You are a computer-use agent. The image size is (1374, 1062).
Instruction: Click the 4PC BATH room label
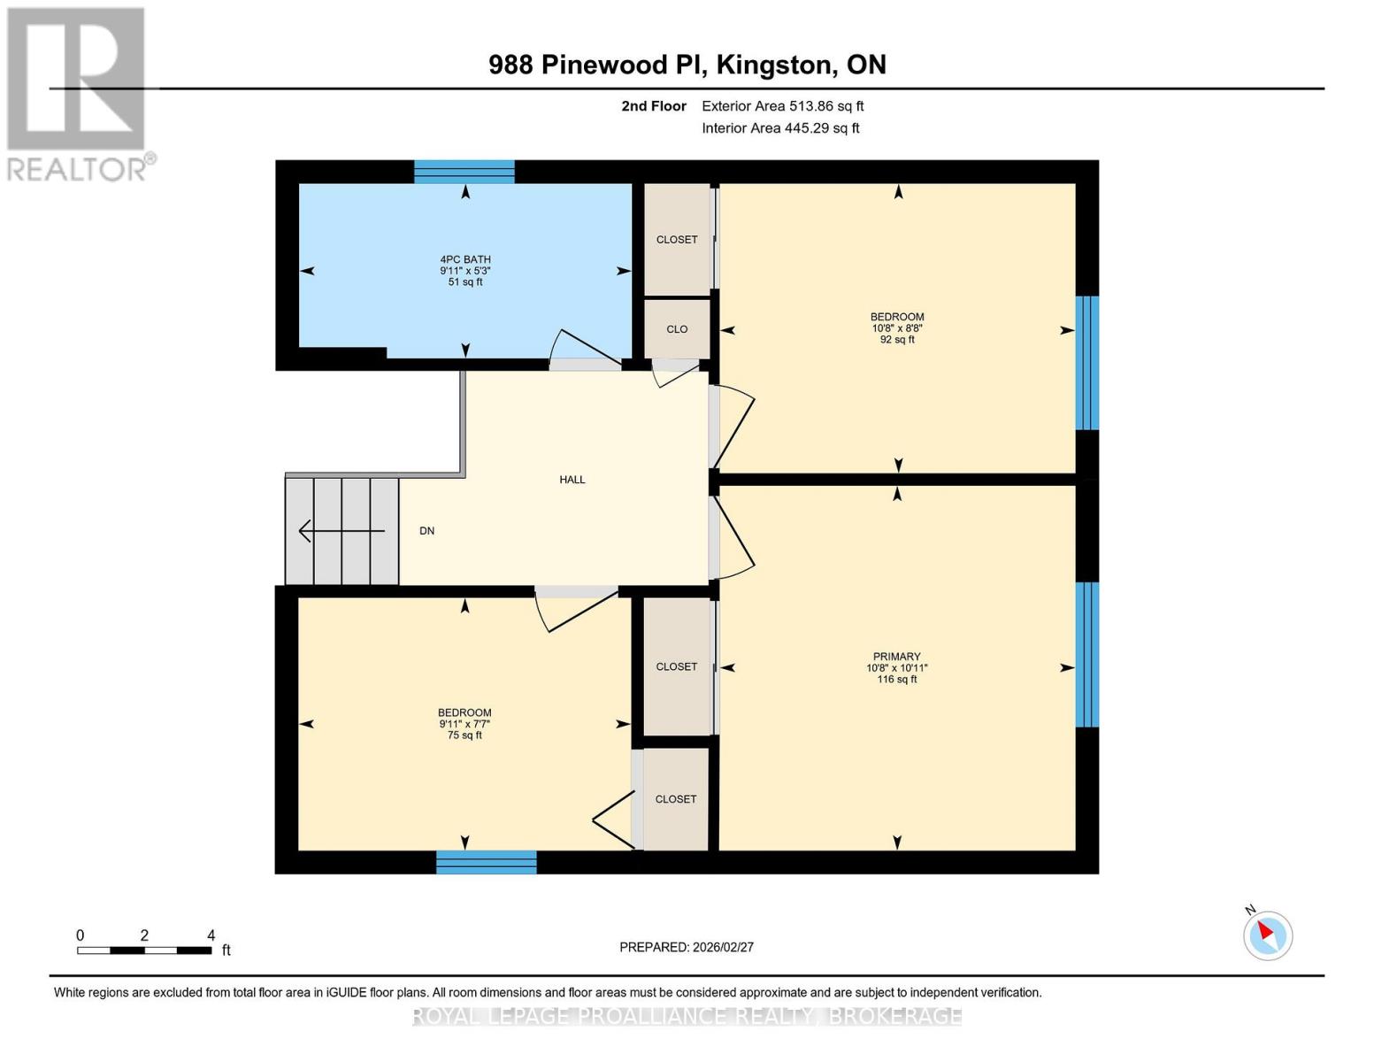coord(465,259)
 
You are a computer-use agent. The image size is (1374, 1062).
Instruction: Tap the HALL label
coord(572,480)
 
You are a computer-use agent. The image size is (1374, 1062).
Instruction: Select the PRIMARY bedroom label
coord(896,657)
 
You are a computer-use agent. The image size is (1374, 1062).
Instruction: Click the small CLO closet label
coord(677,329)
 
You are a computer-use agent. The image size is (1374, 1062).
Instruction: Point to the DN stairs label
coord(427,531)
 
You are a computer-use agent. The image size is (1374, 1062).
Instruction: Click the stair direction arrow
coord(342,531)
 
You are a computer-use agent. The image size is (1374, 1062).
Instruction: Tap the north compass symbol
coord(1268,935)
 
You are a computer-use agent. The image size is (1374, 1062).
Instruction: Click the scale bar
coord(144,950)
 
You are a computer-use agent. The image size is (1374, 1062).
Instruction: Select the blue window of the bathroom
coord(464,172)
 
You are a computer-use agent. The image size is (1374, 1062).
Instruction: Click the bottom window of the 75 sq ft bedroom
coord(487,862)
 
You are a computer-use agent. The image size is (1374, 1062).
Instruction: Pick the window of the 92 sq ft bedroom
coord(1087,363)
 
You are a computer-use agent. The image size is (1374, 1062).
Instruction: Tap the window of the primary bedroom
coord(1087,654)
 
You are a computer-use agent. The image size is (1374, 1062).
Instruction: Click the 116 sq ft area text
coord(896,680)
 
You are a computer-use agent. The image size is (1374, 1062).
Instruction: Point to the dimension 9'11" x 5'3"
coord(465,271)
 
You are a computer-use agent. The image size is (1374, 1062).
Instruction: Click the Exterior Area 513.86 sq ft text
coord(783,106)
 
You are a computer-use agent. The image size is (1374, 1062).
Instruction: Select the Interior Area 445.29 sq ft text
coord(780,128)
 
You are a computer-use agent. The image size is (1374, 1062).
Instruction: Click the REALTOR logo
coord(78,93)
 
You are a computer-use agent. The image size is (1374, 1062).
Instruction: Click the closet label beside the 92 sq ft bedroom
coord(677,240)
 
